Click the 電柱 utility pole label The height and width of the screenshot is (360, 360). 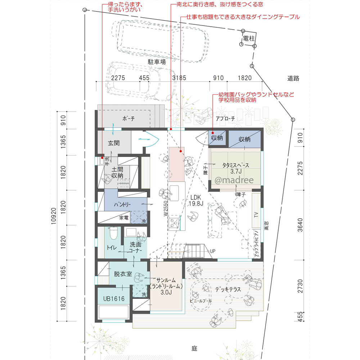[x=249, y=38]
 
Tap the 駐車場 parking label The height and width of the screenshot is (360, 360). [x=157, y=62]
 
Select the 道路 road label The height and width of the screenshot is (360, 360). [x=293, y=78]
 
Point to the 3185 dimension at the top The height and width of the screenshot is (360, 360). [x=179, y=78]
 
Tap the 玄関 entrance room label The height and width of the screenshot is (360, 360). [x=113, y=143]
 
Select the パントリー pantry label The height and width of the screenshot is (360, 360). [x=122, y=204]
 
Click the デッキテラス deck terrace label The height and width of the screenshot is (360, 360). [x=228, y=289]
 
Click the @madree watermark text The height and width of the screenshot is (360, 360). [x=234, y=180]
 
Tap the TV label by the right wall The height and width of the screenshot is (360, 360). [x=256, y=215]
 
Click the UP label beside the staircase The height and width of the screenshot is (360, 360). [x=213, y=251]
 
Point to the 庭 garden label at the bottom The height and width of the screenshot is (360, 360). [x=194, y=348]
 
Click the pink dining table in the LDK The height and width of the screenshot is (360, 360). [x=176, y=165]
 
